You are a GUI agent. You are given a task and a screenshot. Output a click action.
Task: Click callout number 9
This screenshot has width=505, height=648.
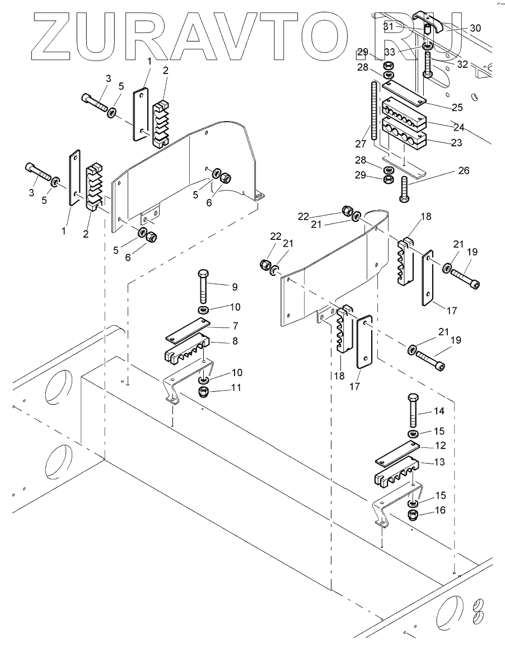click(235, 286)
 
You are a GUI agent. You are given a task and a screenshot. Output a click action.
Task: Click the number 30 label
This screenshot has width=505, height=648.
click(475, 27)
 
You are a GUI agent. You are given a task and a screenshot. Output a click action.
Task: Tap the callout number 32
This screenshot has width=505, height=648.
click(462, 64)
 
